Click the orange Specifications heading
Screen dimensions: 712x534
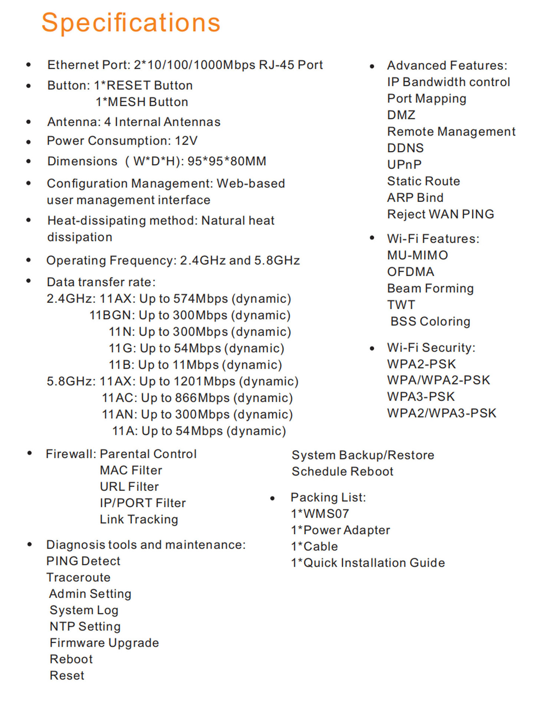(131, 23)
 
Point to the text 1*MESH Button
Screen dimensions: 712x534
(142, 102)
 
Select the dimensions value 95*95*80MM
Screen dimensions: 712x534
(227, 161)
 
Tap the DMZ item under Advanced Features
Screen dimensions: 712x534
(401, 115)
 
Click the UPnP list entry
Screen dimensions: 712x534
(404, 165)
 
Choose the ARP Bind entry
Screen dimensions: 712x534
(415, 198)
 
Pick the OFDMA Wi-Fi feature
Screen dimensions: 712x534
(411, 272)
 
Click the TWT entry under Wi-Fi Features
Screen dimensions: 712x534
(401, 305)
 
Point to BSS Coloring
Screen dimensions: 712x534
(430, 322)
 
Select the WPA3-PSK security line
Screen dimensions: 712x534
(421, 397)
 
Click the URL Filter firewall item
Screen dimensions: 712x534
(129, 487)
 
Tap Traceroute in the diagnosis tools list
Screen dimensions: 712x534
(78, 577)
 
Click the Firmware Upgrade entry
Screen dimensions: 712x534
(104, 643)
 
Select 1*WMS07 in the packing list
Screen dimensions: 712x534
(320, 514)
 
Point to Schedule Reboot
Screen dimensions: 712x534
(342, 471)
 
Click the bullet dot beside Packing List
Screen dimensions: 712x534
(272, 498)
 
